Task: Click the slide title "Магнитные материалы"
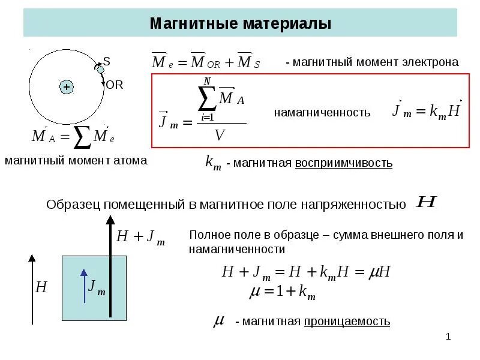click(240, 25)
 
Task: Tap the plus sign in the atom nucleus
click(66, 87)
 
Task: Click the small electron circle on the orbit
click(100, 69)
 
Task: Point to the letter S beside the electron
click(107, 61)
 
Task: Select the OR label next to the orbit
click(114, 85)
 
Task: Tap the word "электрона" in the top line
click(431, 62)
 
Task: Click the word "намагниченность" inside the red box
click(322, 112)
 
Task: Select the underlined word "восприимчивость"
click(344, 163)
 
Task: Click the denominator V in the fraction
click(220, 135)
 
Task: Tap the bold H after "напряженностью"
click(425, 202)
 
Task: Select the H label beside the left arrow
click(41, 287)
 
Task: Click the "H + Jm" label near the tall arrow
click(140, 237)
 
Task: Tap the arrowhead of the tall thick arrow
click(110, 221)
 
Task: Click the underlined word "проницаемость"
click(347, 322)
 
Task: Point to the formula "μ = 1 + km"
click(282, 292)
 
